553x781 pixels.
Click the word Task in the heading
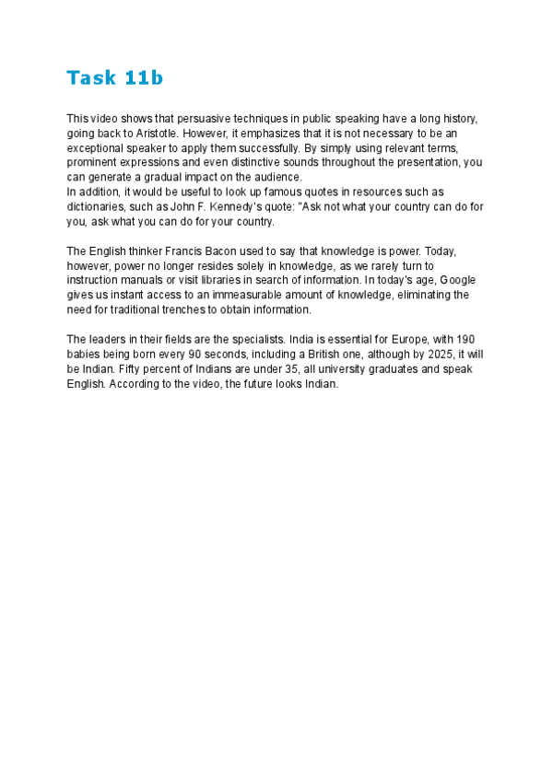click(x=90, y=78)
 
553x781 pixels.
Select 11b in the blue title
click(x=143, y=78)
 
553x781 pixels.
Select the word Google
click(x=460, y=280)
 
